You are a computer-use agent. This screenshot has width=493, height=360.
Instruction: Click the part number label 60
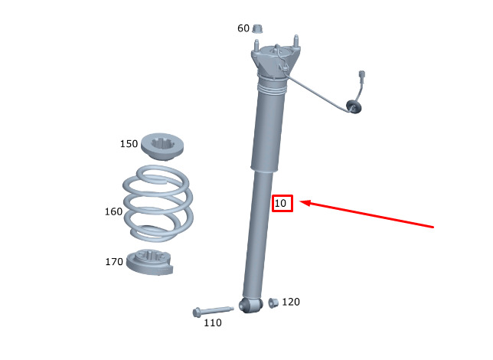click(x=243, y=28)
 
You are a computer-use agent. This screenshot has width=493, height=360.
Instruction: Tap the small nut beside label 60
click(x=258, y=28)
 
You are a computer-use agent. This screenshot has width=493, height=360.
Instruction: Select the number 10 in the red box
click(x=280, y=203)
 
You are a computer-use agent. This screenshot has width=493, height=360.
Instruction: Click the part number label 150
click(x=129, y=144)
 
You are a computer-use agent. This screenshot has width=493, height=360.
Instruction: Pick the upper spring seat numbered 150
click(x=162, y=146)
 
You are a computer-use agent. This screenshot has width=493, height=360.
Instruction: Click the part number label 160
click(x=113, y=211)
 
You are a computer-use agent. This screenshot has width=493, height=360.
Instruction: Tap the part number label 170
click(x=114, y=262)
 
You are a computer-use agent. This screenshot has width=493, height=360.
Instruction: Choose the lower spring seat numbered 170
click(x=150, y=262)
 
